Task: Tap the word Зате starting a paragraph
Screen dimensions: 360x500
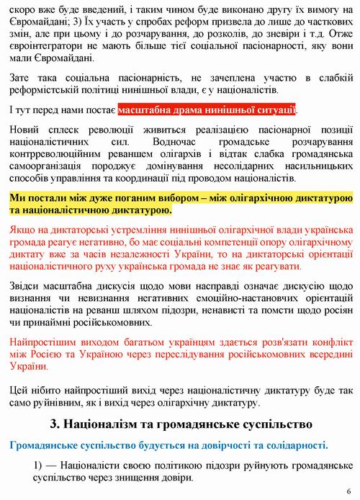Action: [x=21, y=78]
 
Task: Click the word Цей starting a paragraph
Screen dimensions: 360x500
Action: [x=21, y=390]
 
